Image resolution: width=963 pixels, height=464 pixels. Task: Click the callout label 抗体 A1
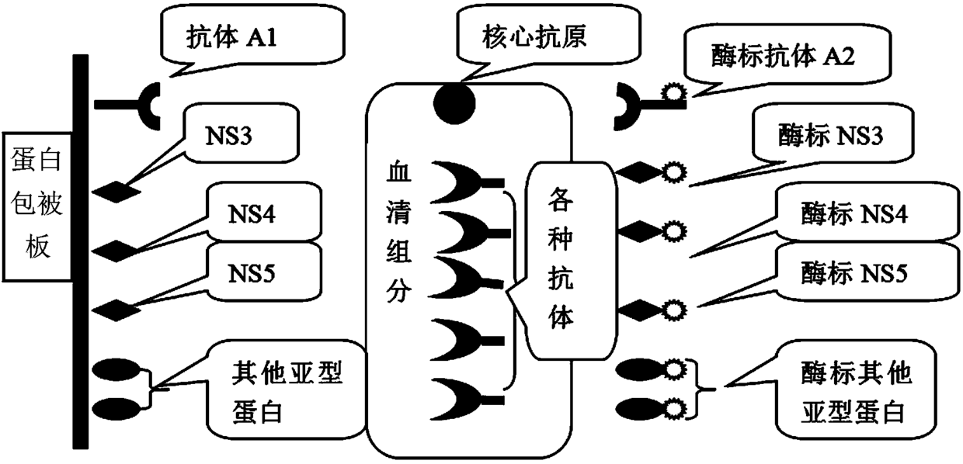[231, 37]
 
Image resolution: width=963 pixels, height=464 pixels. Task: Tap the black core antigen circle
[454, 103]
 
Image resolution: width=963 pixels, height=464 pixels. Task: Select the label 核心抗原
[534, 37]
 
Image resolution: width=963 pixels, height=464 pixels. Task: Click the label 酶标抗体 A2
[783, 56]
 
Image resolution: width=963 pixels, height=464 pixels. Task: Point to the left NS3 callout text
[228, 136]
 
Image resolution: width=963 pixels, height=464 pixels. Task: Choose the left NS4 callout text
[252, 213]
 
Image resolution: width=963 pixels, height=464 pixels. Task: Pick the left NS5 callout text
[252, 273]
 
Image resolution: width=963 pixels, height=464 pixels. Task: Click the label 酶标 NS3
[831, 135]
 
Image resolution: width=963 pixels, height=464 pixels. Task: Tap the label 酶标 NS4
[854, 213]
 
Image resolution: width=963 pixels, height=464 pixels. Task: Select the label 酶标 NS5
[854, 272]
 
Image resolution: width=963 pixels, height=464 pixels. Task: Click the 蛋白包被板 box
[37, 206]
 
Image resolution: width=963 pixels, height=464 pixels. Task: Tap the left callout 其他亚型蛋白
[287, 393]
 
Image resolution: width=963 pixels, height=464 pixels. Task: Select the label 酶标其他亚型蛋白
[857, 393]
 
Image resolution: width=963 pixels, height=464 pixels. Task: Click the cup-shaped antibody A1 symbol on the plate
[146, 106]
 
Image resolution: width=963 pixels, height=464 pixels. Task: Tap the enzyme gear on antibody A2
[673, 92]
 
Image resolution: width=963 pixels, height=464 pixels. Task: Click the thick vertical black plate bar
[81, 251]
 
